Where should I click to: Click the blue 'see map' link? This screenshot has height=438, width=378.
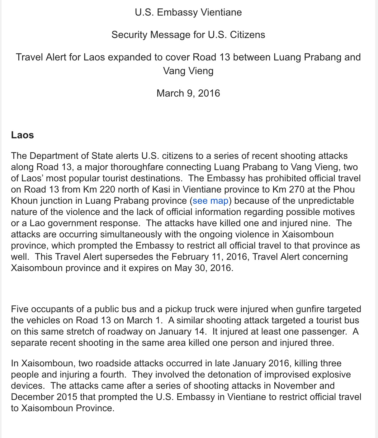(x=210, y=201)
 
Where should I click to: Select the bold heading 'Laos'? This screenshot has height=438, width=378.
(x=22, y=135)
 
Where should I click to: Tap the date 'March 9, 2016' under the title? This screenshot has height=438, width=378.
(x=188, y=93)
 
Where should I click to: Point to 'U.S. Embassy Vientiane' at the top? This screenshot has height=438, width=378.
(x=188, y=12)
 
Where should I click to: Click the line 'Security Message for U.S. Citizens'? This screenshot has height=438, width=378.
(x=188, y=35)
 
